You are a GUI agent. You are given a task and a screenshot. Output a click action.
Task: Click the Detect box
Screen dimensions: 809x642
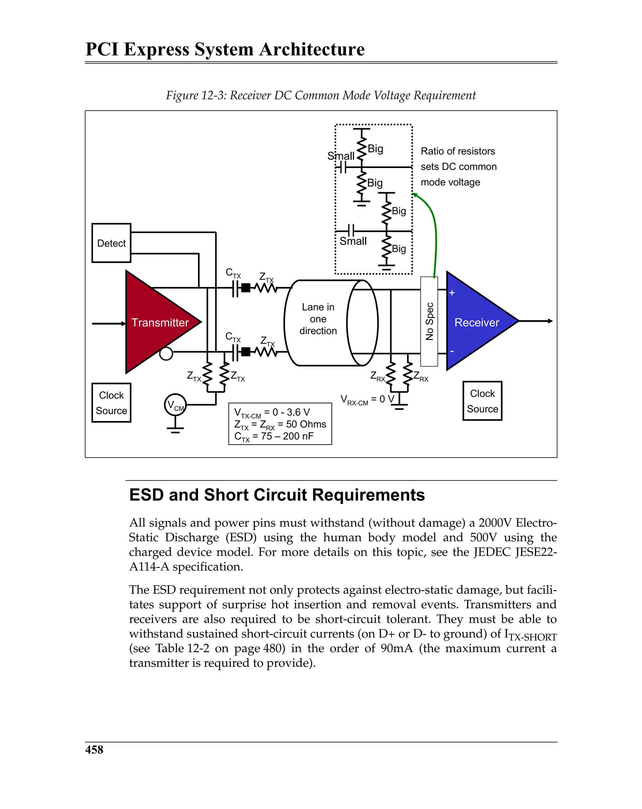pos(111,243)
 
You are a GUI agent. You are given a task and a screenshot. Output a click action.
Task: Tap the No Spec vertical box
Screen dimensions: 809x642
pos(429,321)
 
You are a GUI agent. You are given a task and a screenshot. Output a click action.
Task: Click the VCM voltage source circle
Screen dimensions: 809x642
pos(175,404)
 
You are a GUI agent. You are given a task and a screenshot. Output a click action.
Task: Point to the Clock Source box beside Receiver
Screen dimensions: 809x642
pos(482,401)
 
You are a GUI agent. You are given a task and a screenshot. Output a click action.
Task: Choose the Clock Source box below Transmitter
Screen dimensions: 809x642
pos(111,403)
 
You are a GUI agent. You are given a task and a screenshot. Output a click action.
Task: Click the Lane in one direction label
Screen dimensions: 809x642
pos(318,319)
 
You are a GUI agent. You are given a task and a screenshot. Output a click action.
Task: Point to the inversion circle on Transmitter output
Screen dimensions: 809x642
pos(166,353)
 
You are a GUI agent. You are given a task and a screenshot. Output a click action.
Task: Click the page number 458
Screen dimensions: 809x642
pos(94,749)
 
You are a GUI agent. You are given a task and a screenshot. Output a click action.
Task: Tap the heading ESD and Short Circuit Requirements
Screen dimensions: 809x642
pos(276,494)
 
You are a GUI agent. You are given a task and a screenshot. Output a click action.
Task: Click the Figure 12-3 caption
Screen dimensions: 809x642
pos(320,95)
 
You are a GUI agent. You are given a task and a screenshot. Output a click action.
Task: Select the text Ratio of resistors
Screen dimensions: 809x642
pos(457,151)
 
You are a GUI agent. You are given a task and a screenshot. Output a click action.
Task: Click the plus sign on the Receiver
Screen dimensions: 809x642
pos(452,293)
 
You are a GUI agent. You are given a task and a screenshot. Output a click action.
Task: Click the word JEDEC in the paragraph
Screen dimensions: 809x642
pos(492,552)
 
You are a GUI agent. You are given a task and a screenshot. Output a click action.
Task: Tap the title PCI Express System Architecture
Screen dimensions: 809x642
pos(225,49)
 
